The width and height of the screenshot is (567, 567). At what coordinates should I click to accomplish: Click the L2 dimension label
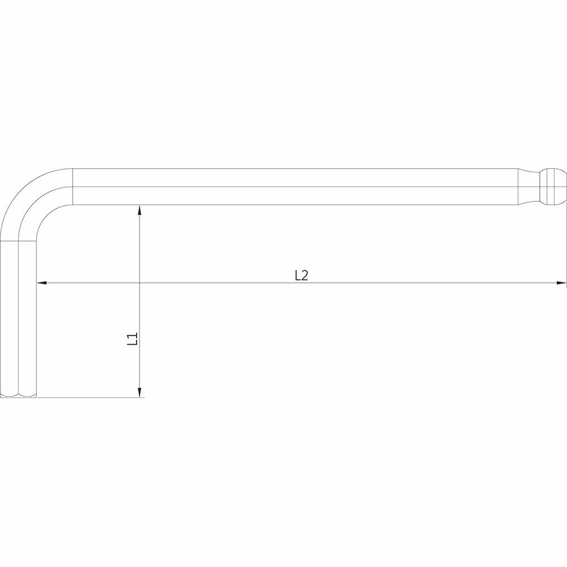pyautogui.click(x=301, y=276)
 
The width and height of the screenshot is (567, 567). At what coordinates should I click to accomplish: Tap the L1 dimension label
pyautogui.click(x=133, y=339)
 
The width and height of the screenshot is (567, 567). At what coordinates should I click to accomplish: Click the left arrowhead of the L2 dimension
pyautogui.click(x=42, y=283)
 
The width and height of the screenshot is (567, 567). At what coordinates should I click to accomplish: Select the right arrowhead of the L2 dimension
pyautogui.click(x=561, y=283)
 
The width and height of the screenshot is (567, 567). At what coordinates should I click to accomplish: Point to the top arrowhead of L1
pyautogui.click(x=140, y=210)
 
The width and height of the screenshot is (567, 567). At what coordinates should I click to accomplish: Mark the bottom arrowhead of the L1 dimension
pyautogui.click(x=140, y=392)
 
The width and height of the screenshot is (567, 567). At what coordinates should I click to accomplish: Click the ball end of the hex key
pyautogui.click(x=553, y=187)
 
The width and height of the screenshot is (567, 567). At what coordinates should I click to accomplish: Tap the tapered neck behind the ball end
pyautogui.click(x=528, y=187)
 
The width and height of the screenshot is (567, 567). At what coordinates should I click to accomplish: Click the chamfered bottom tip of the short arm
pyautogui.click(x=19, y=395)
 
